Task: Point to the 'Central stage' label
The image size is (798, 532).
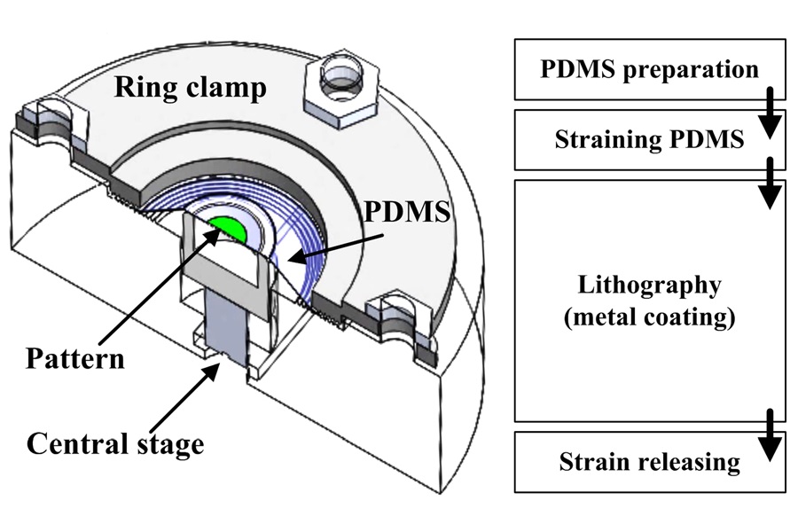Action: coord(115,442)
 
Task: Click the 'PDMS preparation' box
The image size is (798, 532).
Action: coord(649,69)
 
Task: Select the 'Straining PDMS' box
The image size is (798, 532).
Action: coord(649,140)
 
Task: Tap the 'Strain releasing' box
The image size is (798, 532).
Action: coord(649,461)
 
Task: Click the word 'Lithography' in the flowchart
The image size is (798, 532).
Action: coord(650,286)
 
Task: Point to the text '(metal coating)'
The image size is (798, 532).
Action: coord(650,317)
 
